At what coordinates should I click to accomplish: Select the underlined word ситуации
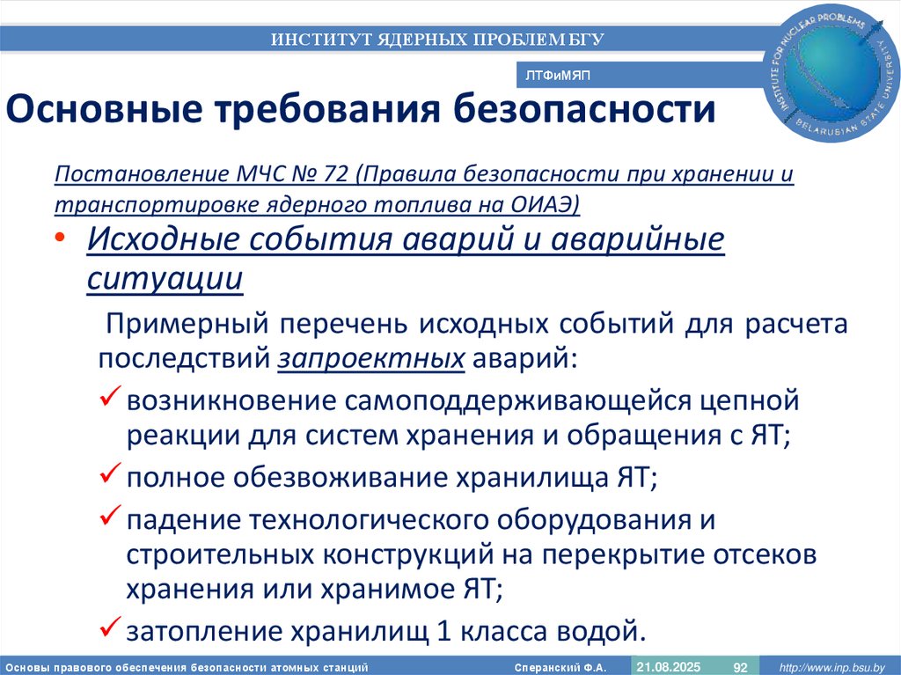[165, 276]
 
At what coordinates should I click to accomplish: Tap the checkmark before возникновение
[109, 400]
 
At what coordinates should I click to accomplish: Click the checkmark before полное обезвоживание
[109, 475]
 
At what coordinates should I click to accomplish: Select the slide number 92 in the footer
[740, 665]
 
